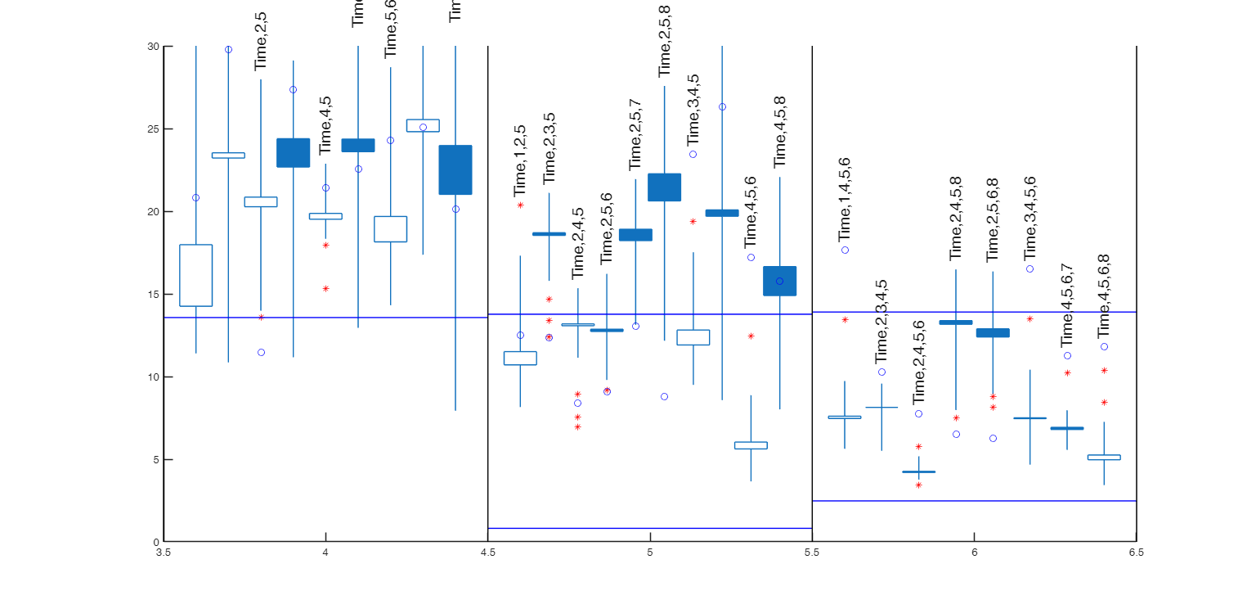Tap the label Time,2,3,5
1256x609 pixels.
(549, 148)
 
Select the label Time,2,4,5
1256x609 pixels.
(578, 243)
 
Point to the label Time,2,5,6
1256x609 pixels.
(607, 228)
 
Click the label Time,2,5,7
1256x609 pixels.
(635, 135)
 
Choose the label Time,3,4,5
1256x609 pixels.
(693, 111)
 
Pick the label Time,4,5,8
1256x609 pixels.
(780, 132)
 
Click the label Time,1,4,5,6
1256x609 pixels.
(846, 198)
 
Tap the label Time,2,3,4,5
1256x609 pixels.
(881, 322)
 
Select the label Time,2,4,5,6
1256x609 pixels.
(919, 362)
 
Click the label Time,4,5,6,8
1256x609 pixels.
(1105, 295)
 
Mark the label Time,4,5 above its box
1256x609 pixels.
(325, 125)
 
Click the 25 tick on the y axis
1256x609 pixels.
(153, 129)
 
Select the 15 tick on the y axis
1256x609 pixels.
(153, 295)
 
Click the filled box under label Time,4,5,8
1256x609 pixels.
(780, 281)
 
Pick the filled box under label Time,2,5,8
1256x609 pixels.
(665, 187)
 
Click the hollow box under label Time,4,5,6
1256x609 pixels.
(751, 445)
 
